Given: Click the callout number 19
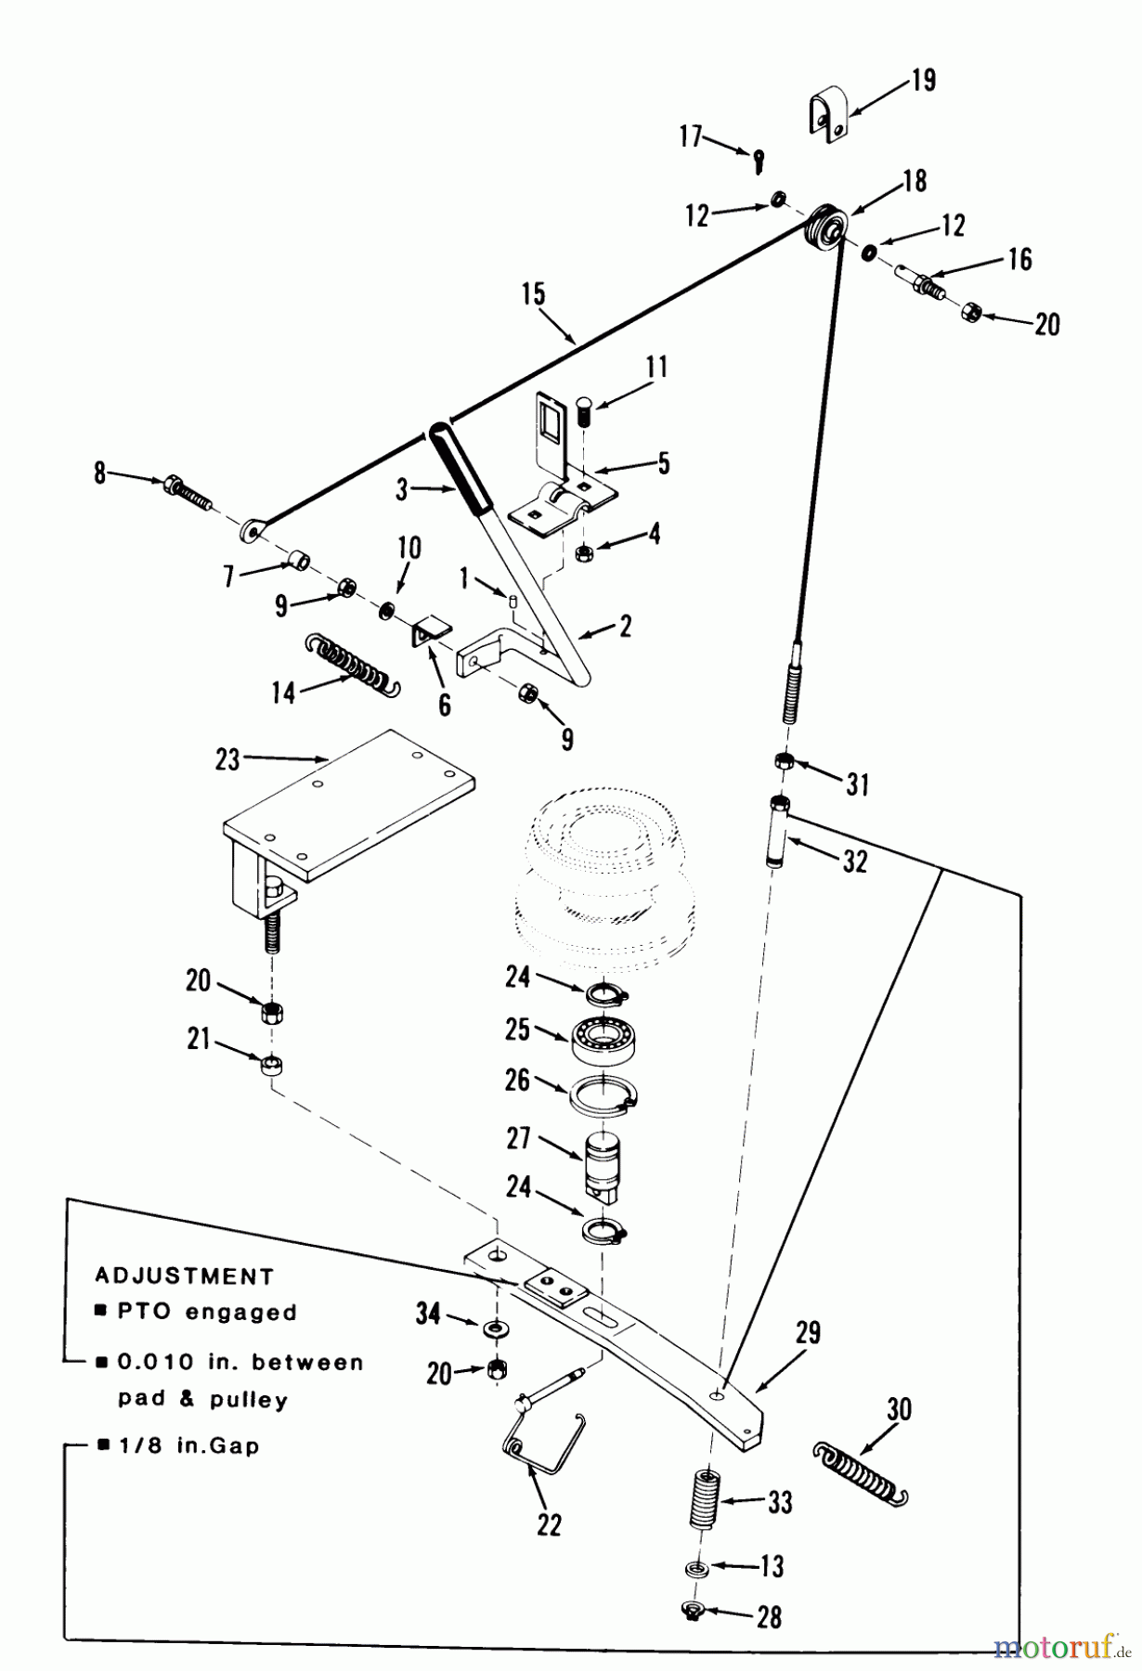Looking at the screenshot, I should tap(923, 81).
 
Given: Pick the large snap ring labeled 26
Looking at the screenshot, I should tap(603, 1093).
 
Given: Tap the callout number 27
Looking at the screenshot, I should tap(518, 1138).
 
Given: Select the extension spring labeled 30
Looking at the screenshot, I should tap(860, 1471).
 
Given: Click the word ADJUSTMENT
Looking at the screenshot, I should tap(184, 1276).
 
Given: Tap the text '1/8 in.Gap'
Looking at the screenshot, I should tap(188, 1445).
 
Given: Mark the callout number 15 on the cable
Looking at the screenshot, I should tap(533, 295).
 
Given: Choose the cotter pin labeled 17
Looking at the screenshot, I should tap(759, 162).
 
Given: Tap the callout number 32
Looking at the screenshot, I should tap(854, 861).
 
